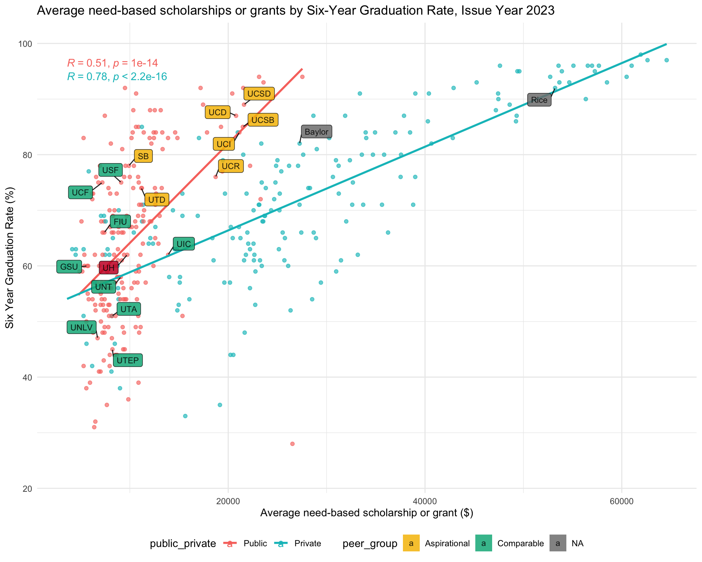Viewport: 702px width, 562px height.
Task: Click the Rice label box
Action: coord(539,100)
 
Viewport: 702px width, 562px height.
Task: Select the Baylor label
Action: coord(317,132)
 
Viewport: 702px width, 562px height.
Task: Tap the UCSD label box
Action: coord(259,94)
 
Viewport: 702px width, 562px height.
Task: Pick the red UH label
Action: coord(109,268)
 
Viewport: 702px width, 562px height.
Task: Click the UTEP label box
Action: coord(128,360)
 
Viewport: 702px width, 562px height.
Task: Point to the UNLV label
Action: coord(82,327)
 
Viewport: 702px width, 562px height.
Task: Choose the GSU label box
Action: coord(69,267)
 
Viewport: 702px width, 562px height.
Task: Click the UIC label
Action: coord(184,244)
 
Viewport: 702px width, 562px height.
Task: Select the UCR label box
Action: coord(231,166)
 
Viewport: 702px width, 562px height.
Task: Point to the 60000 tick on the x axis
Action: coord(622,500)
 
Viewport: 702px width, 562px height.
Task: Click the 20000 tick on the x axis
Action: coord(228,500)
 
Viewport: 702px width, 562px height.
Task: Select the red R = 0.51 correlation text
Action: coord(113,63)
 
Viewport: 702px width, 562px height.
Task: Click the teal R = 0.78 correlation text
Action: coord(117,76)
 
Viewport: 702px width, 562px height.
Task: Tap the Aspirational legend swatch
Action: coord(411,543)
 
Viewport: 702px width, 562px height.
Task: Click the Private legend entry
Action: coord(307,543)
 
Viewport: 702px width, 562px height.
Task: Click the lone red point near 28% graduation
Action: coord(292,444)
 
